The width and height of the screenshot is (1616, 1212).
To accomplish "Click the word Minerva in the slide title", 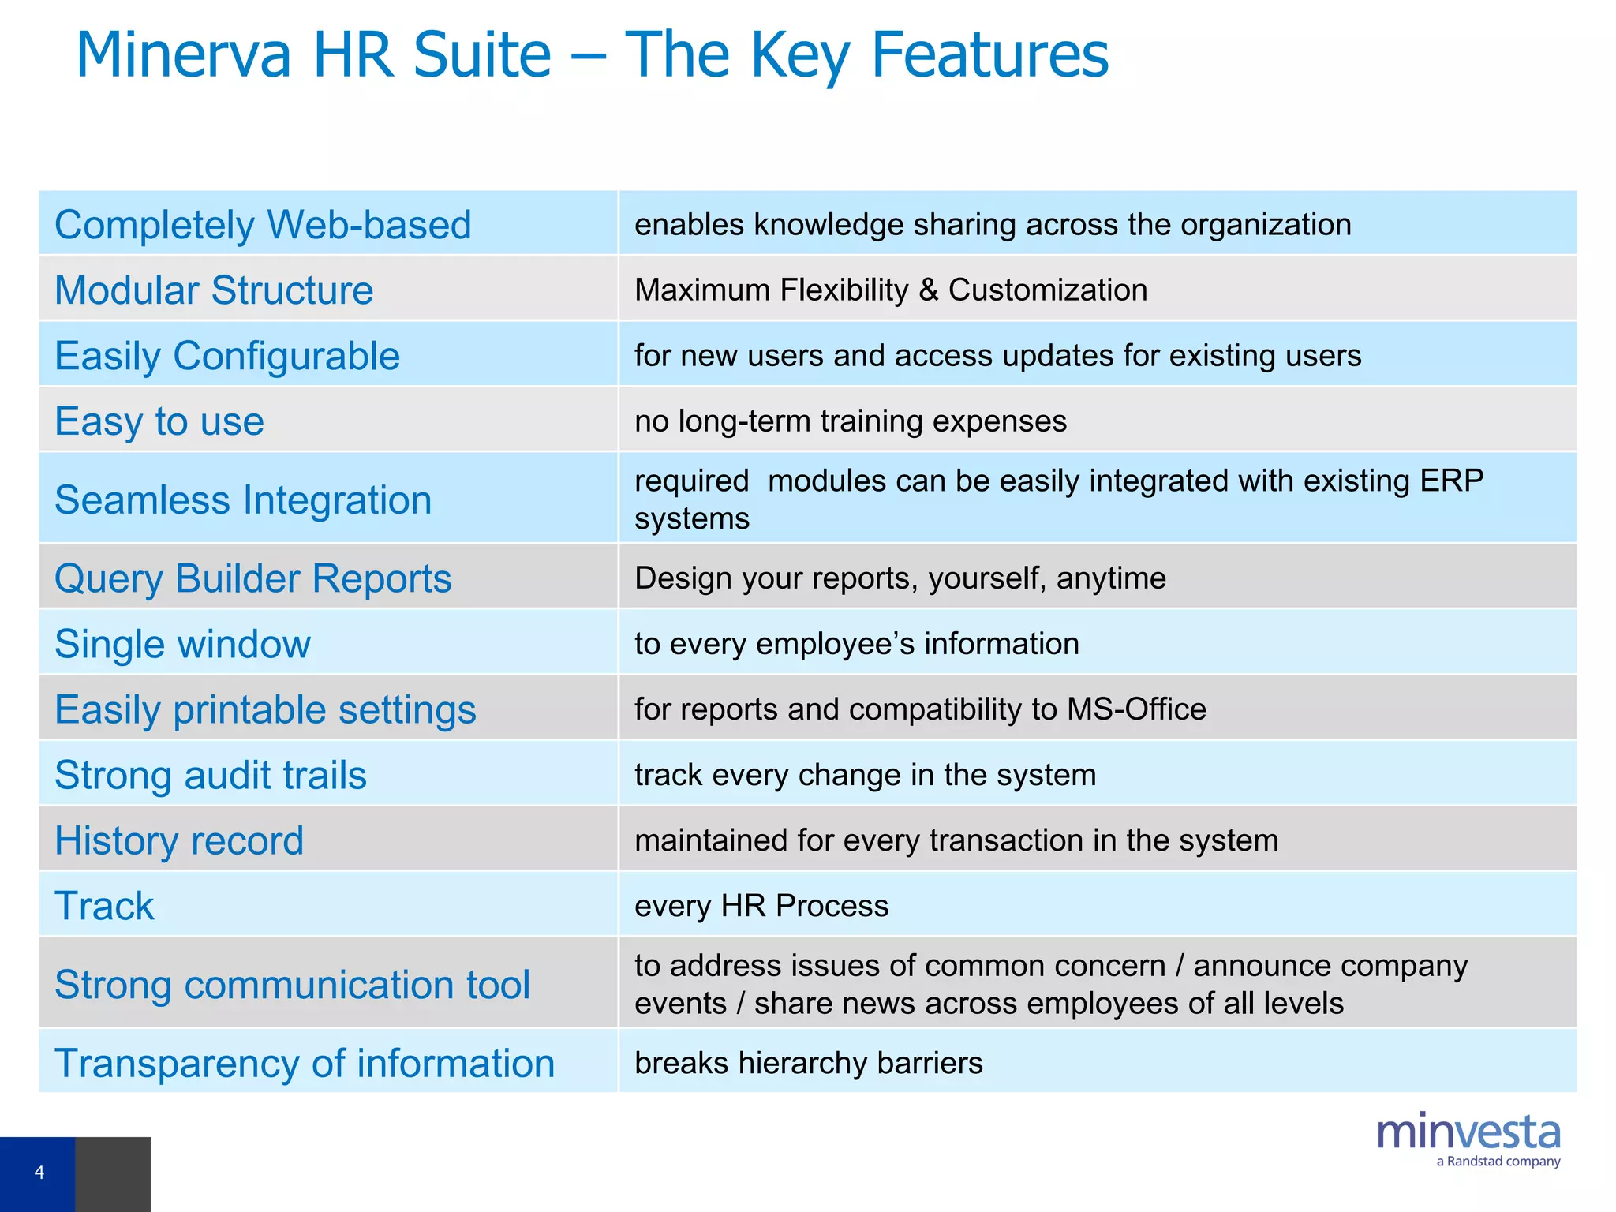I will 183,55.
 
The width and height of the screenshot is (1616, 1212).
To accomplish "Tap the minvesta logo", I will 1468,1132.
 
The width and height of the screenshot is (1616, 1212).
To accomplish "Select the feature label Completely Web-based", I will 263,225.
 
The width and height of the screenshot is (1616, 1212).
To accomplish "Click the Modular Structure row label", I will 214,290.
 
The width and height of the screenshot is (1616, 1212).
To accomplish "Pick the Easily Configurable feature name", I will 227,356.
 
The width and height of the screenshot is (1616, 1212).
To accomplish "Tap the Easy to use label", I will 159,421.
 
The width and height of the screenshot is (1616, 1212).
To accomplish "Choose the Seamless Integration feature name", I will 243,500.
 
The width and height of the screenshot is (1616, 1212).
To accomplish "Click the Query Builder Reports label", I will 252,578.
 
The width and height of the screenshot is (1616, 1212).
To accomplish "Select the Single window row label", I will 182,644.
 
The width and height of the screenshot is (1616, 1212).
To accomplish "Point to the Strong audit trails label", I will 211,775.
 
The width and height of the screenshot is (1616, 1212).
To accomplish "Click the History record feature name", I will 179,840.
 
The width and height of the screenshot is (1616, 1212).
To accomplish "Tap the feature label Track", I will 104,906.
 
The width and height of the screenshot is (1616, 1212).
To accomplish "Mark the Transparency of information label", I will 305,1063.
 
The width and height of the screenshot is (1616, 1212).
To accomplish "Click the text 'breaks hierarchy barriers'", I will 809,1063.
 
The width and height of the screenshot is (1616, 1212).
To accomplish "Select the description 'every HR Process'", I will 761,906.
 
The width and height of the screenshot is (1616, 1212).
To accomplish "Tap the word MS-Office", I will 1136,709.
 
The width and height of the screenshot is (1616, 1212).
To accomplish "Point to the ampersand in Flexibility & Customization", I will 928,290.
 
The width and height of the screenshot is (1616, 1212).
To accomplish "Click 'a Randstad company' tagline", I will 1498,1161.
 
